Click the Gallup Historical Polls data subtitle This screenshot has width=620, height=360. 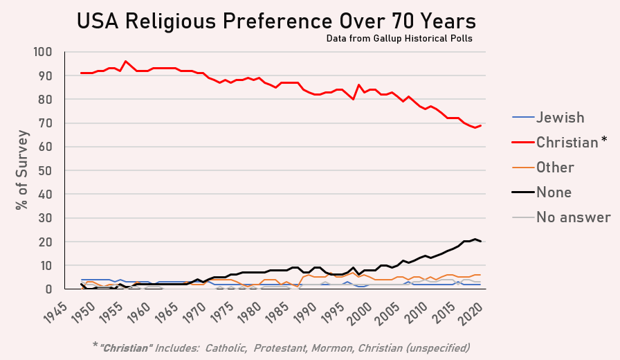click(399, 39)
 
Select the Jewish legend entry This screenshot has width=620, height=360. click(560, 118)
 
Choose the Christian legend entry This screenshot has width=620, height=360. click(567, 143)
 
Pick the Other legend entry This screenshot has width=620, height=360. click(555, 168)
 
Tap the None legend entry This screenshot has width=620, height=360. click(554, 192)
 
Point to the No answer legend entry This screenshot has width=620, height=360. click(573, 217)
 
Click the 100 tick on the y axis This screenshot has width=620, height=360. click(43, 52)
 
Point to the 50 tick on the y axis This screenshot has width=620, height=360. click(46, 170)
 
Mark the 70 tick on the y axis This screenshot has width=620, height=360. click(46, 123)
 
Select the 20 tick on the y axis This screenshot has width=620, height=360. click(46, 242)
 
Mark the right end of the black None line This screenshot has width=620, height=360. click(480, 242)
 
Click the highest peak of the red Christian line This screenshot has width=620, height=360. click(125, 61)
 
